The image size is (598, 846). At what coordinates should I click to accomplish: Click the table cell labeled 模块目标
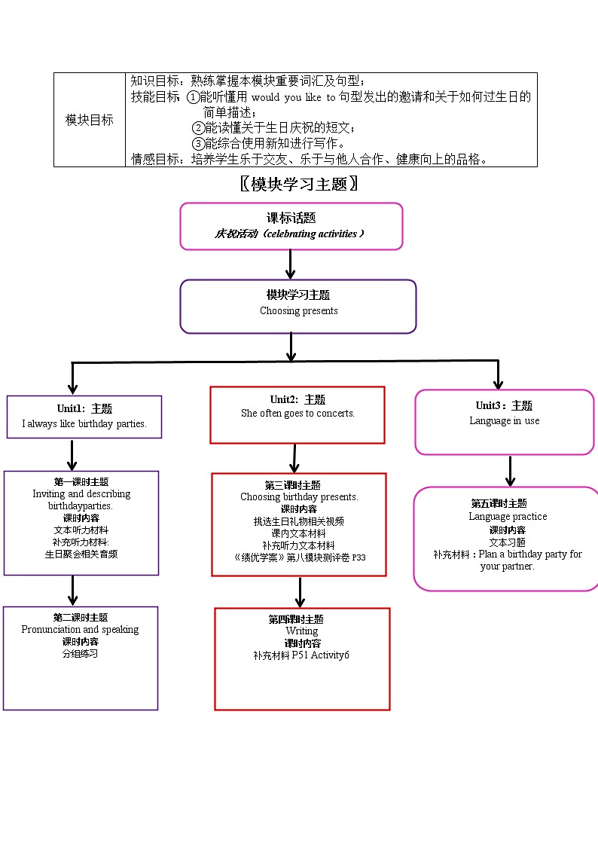click(90, 120)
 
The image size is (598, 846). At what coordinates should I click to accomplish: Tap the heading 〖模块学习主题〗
click(298, 184)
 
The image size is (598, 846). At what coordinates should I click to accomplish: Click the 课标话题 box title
click(291, 218)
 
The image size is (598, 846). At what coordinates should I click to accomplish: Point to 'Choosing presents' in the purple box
click(298, 310)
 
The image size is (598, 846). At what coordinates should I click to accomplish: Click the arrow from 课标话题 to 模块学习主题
click(291, 264)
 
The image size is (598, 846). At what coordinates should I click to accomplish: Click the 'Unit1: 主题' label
click(84, 408)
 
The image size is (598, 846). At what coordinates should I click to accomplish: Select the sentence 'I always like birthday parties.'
click(84, 423)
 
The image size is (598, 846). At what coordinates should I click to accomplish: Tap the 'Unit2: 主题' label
click(297, 399)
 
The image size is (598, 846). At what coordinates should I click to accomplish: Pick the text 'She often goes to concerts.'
click(297, 413)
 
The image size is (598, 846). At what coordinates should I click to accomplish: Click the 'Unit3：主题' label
click(504, 405)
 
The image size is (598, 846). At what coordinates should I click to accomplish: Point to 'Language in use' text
click(504, 420)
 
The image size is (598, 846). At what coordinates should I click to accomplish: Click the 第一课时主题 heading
click(81, 481)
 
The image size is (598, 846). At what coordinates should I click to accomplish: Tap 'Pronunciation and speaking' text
click(80, 629)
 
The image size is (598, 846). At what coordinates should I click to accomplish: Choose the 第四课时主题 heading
click(296, 619)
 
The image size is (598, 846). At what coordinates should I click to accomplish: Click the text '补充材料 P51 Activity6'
click(301, 655)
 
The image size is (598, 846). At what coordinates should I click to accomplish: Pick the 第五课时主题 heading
click(499, 503)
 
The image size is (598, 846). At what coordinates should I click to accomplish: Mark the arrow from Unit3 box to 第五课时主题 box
click(510, 471)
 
